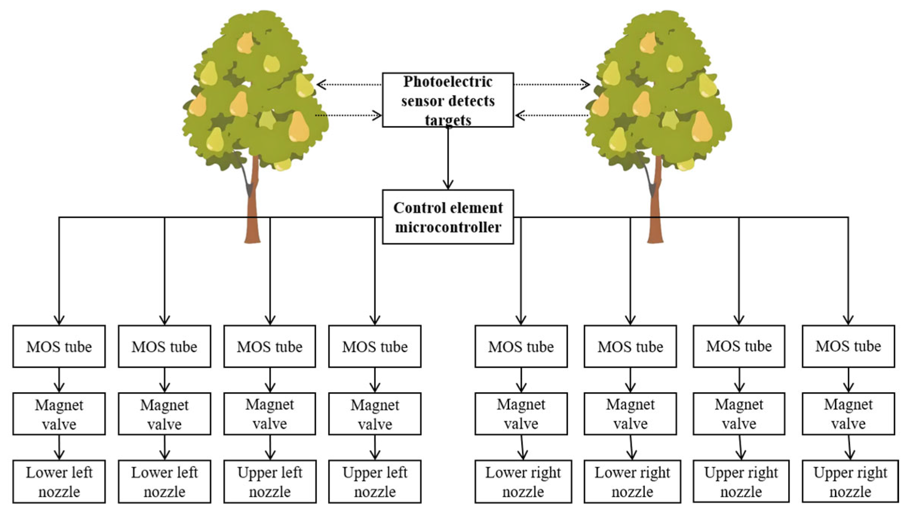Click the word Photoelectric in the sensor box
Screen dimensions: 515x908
(x=447, y=82)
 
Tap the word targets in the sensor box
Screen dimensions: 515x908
(x=448, y=120)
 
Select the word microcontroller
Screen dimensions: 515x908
(x=448, y=227)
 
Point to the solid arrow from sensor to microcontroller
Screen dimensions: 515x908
(x=448, y=158)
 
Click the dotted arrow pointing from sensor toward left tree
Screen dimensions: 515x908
(x=349, y=84)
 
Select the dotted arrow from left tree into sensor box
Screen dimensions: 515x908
(x=349, y=115)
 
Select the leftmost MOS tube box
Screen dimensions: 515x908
(x=59, y=346)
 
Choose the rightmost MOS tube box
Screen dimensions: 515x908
(x=848, y=346)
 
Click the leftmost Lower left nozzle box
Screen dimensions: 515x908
(x=59, y=481)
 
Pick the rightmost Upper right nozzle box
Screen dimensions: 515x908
(x=850, y=481)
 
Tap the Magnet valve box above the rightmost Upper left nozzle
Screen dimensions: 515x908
(x=375, y=414)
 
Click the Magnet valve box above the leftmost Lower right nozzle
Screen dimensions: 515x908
(x=521, y=414)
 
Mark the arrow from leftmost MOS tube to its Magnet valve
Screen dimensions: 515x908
(x=59, y=380)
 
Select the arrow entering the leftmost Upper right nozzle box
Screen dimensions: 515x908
(x=740, y=448)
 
